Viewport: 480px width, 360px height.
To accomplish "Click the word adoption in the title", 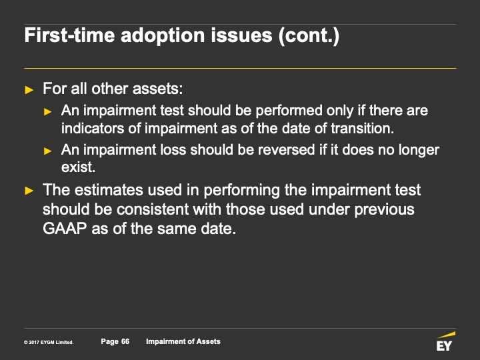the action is click(x=163, y=35).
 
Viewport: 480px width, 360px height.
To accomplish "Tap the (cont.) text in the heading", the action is click(x=309, y=35).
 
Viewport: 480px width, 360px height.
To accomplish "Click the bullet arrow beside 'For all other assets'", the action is click(x=29, y=90).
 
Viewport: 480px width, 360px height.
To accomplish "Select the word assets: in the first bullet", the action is click(x=157, y=89).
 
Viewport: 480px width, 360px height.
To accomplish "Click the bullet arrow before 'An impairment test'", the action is click(x=48, y=112).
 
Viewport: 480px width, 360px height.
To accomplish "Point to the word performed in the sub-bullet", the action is click(x=289, y=111).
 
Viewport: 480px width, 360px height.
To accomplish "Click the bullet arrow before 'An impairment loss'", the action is click(x=48, y=151).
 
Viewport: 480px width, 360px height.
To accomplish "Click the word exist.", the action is click(x=79, y=167).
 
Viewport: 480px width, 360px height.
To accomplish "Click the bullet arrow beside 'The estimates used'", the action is click(x=29, y=191).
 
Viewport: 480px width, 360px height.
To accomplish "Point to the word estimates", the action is click(x=109, y=190).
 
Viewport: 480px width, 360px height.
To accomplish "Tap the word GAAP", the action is click(x=65, y=229).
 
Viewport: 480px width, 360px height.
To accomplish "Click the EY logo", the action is click(x=445, y=341).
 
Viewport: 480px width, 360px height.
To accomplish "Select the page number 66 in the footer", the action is click(x=125, y=341).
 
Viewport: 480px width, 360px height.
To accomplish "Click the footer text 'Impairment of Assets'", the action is click(x=183, y=341).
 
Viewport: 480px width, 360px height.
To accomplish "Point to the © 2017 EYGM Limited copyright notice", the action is click(x=49, y=342).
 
